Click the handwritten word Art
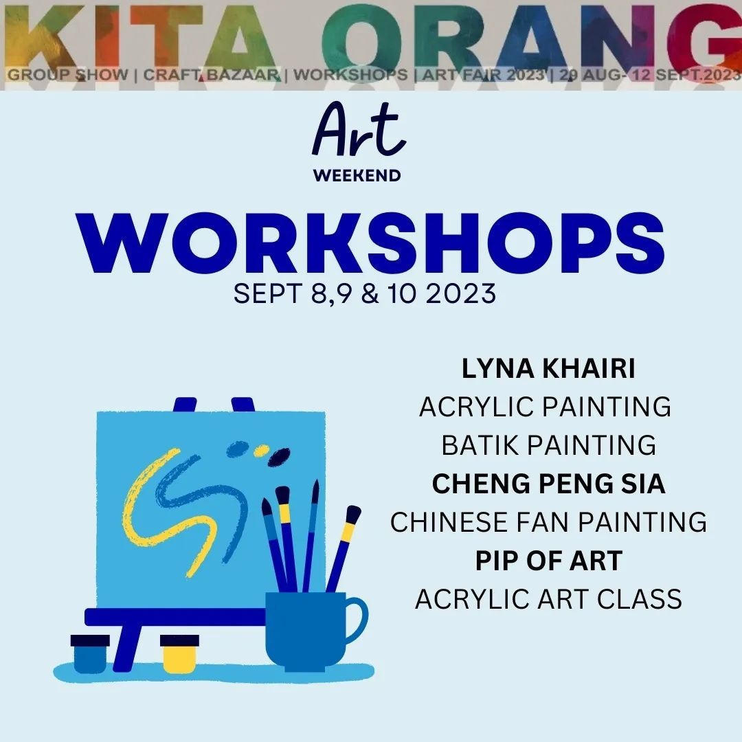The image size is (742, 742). click(359, 130)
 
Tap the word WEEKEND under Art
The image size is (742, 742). click(357, 176)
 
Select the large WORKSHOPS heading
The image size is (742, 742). click(370, 243)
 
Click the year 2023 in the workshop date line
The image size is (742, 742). click(461, 293)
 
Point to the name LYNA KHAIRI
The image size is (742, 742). click(548, 369)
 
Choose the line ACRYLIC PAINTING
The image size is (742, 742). click(545, 407)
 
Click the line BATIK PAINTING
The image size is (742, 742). click(549, 445)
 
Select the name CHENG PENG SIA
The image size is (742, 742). click(548, 484)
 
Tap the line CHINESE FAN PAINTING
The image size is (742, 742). click(548, 522)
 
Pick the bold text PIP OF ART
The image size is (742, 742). click(549, 561)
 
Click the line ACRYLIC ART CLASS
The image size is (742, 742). click(548, 599)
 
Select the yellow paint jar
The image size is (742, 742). click(179, 653)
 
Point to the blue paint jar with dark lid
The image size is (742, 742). click(90, 653)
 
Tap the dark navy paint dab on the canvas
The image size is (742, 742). click(279, 457)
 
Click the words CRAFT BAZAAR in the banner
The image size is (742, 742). click(212, 75)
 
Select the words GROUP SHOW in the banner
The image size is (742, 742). click(67, 75)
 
